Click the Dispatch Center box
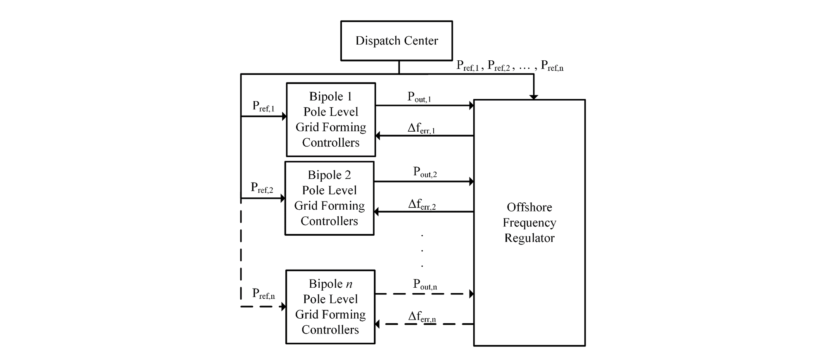[x=396, y=41]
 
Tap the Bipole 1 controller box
[x=331, y=120]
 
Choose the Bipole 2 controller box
[x=329, y=198]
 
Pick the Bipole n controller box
[x=330, y=307]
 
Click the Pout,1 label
[x=419, y=97]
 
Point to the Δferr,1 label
[x=421, y=128]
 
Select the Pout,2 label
[x=425, y=172]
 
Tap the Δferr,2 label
[x=422, y=204]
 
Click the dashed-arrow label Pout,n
[x=425, y=284]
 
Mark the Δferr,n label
[x=422, y=317]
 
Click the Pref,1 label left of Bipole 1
[x=263, y=107]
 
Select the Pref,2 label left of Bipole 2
[x=262, y=188]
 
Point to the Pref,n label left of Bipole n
[x=263, y=294]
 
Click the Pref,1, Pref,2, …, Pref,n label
[x=510, y=66]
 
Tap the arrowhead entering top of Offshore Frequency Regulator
[x=534, y=97]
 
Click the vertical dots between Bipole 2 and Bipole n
[x=422, y=251]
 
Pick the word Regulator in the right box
[x=529, y=238]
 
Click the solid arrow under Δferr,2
[x=423, y=212]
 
